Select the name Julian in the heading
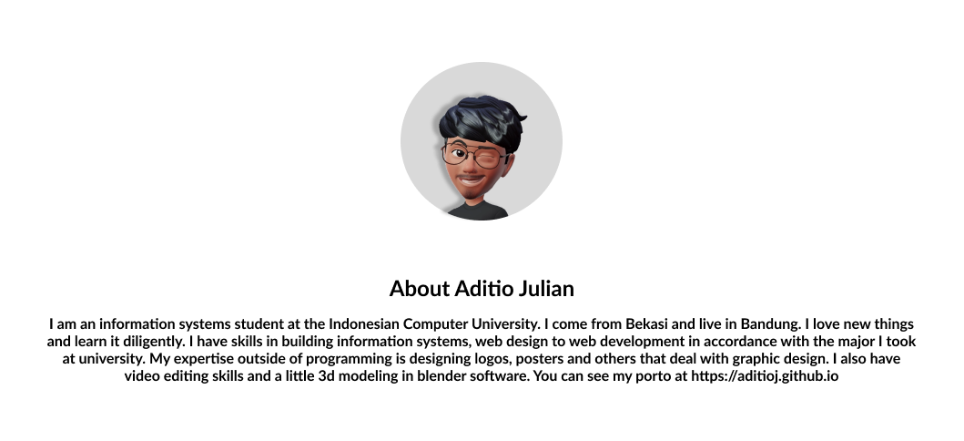click(x=546, y=289)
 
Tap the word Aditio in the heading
click(x=484, y=289)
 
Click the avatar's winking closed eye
click(x=488, y=159)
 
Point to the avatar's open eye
click(x=459, y=153)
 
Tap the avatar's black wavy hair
click(x=482, y=120)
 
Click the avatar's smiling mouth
click(x=471, y=179)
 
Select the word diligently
click(x=155, y=342)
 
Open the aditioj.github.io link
click(x=765, y=375)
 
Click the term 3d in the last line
click(x=326, y=375)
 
